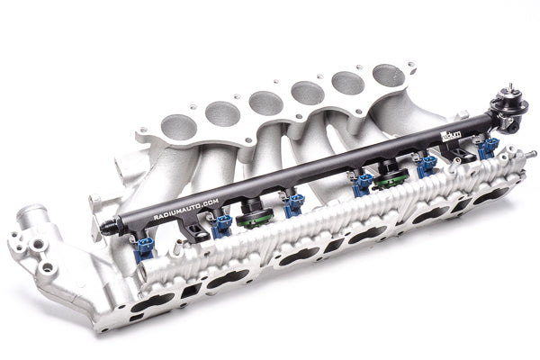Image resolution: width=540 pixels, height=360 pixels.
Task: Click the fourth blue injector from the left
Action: [362, 184]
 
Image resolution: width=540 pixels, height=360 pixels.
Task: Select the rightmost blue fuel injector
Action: [487, 147]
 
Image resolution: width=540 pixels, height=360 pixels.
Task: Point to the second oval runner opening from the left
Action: [222, 113]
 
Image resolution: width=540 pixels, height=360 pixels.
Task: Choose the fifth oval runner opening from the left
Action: [348, 83]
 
